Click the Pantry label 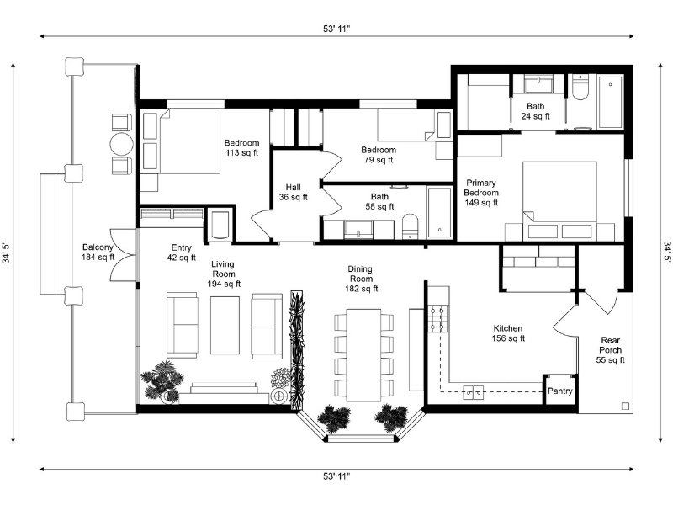point(559,391)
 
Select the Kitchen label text point(508,328)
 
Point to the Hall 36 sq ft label point(293,192)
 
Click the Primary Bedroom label point(480,188)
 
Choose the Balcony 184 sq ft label point(98,252)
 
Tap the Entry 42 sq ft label point(181,252)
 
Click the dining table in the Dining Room point(363,354)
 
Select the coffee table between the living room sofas point(225,325)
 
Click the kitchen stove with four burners point(438,320)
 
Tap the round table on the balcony point(121,144)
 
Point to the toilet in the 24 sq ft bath point(580,88)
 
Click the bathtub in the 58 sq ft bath point(439,212)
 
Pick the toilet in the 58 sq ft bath point(410,226)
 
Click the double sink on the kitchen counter point(474,392)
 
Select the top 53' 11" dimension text point(336,29)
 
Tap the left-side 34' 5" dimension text point(8,252)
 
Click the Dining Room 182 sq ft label point(361,279)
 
